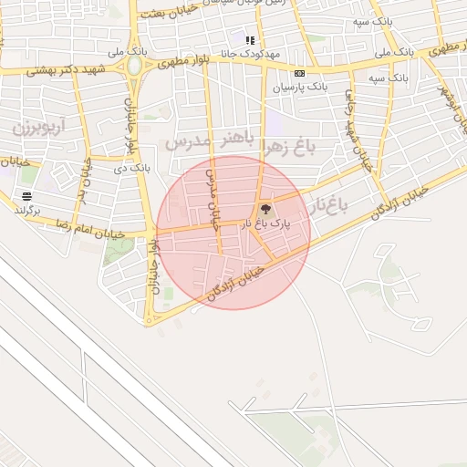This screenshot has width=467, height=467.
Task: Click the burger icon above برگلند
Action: (26, 195)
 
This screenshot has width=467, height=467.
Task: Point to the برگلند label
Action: (28, 209)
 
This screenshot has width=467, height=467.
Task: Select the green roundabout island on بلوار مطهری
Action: (135, 67)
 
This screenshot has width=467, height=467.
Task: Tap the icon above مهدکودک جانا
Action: (250, 39)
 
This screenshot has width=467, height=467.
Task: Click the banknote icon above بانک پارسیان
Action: (298, 73)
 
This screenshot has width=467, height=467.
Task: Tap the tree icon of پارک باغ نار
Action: (266, 210)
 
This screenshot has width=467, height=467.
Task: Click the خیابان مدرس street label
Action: (214, 197)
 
